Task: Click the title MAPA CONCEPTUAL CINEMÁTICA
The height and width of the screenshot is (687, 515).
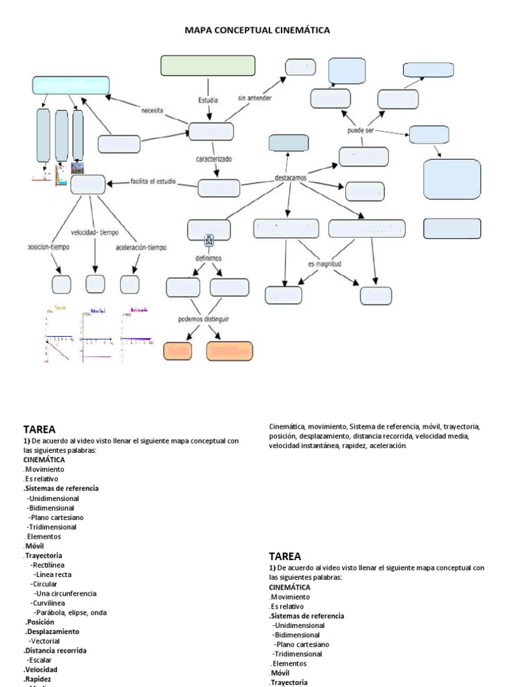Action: [x=257, y=30]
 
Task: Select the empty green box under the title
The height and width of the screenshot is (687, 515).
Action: [x=208, y=66]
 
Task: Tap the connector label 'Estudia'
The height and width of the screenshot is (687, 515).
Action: [x=208, y=101]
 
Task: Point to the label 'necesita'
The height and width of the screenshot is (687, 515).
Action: [x=152, y=111]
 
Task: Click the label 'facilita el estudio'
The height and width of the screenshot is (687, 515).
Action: [x=153, y=181]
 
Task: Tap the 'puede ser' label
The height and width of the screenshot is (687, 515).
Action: [x=360, y=130]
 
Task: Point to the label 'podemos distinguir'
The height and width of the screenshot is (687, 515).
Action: [x=204, y=319]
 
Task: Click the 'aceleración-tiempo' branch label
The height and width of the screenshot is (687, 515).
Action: [x=141, y=247]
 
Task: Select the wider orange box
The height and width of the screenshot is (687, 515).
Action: [x=229, y=352]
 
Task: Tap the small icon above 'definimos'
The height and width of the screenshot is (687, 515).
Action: [x=209, y=239]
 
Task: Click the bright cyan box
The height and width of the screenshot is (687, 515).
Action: [x=71, y=85]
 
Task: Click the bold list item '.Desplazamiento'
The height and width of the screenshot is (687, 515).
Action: [x=52, y=631]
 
